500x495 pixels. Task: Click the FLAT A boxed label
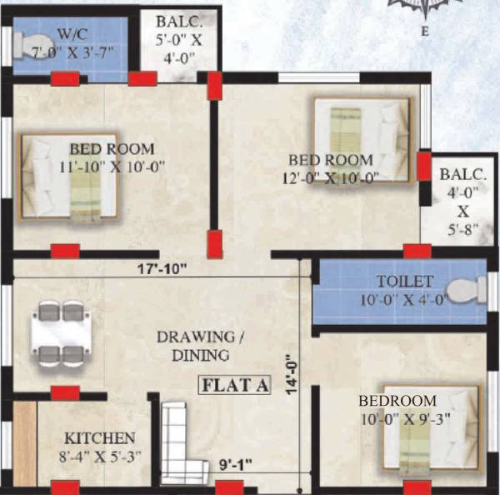click(236, 385)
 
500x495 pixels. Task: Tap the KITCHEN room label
click(99, 438)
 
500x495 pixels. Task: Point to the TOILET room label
click(404, 282)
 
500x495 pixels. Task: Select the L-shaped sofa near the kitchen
click(182, 439)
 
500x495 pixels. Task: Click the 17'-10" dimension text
click(163, 268)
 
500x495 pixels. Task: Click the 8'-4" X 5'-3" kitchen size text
click(99, 456)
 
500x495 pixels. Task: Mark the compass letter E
click(424, 32)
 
